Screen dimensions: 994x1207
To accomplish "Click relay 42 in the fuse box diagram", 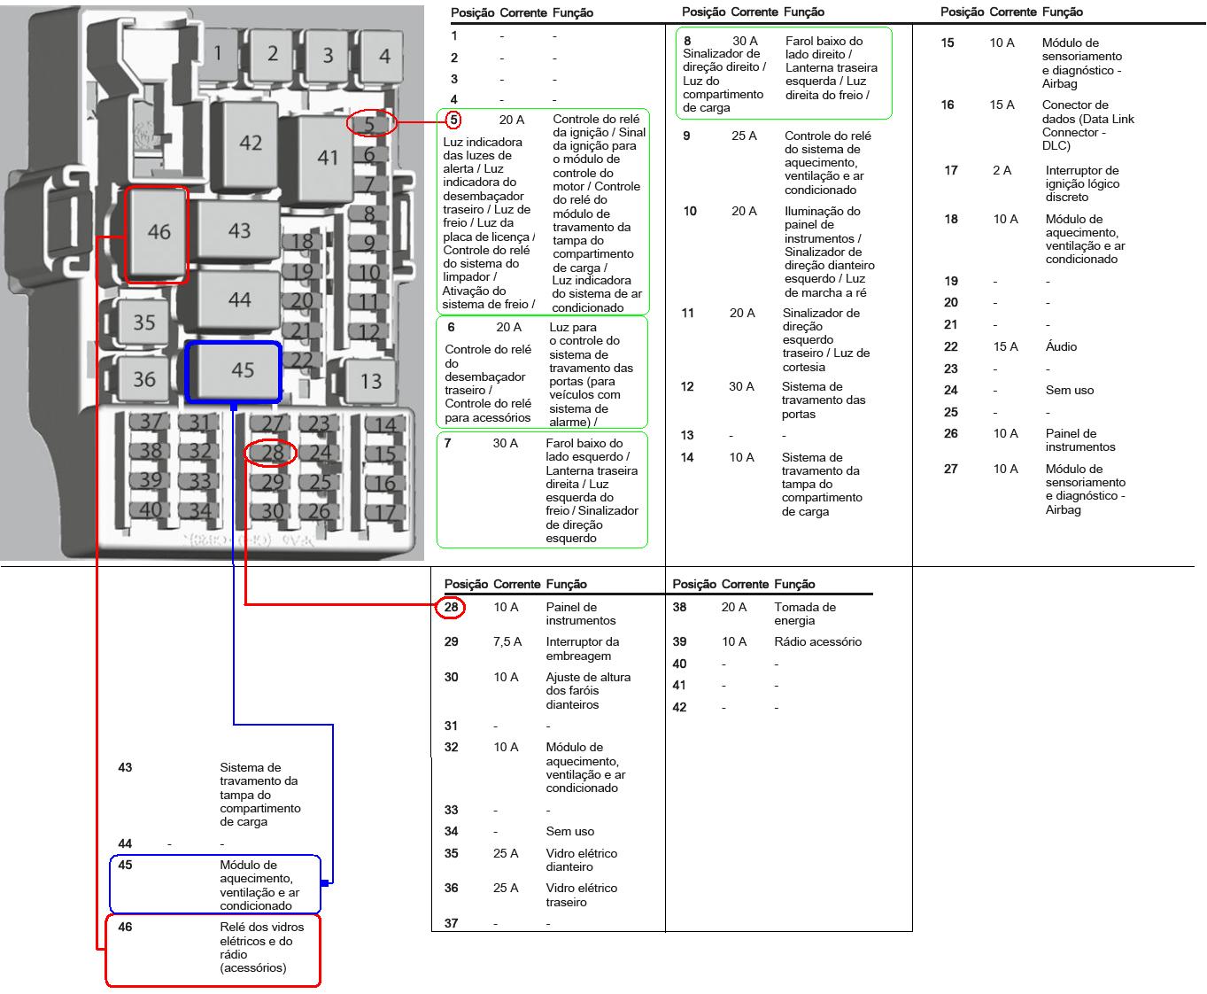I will coord(250,142).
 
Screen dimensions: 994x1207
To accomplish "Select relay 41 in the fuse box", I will coord(328,157).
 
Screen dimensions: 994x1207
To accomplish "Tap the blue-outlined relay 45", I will coord(242,369).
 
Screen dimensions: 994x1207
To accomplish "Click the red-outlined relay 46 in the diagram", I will coord(159,232).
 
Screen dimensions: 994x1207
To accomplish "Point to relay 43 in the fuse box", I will coord(239,230).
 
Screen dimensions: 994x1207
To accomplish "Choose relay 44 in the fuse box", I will coord(239,299).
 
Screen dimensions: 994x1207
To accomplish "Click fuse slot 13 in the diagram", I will coord(370,381).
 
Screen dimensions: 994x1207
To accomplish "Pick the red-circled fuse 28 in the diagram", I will coord(272,454).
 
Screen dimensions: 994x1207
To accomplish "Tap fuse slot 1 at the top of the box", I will coord(218,53).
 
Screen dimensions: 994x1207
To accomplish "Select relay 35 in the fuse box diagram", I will coord(143,322).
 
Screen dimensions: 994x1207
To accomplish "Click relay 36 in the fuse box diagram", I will coord(143,379).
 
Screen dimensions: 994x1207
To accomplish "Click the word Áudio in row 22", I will coord(1061,346).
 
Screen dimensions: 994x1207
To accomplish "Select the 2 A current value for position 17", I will coord(1002,171).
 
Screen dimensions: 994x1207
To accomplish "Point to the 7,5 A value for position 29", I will coord(507,642).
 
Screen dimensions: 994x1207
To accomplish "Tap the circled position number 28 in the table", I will coord(452,608).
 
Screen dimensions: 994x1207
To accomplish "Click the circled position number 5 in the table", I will coord(453,120).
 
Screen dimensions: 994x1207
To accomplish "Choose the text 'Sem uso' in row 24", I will coord(1069,390).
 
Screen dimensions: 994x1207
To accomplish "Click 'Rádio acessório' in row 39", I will coord(817,642).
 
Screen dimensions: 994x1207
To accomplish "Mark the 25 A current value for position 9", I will coord(744,136).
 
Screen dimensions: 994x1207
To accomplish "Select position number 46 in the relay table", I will coord(126,928).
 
